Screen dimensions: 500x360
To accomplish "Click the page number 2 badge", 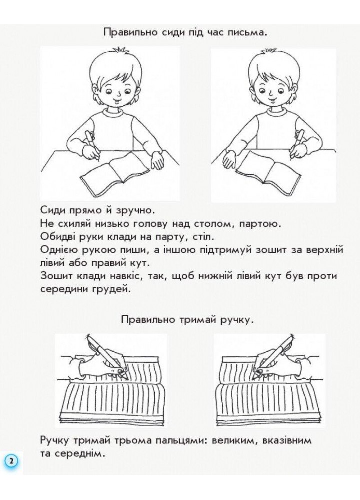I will (x=11, y=460).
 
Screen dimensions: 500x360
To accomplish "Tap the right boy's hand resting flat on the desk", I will (x=231, y=161).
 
